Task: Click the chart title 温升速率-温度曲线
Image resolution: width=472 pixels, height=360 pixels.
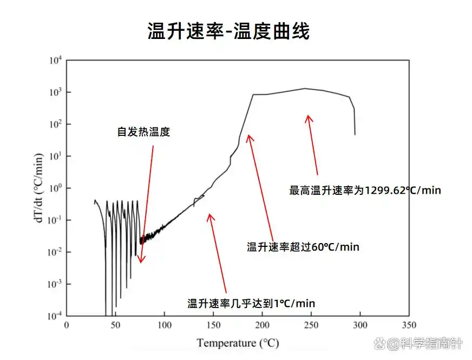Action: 228,31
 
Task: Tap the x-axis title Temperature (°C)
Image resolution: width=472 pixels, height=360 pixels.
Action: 238,343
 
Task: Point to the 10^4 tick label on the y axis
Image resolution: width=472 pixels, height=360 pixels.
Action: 57,60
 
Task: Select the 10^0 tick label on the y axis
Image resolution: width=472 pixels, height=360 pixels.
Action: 57,188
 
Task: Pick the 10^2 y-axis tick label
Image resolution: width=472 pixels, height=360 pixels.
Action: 57,124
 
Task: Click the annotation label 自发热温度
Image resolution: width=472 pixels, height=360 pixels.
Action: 143,132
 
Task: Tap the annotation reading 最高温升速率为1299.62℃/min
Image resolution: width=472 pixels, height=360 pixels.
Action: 365,190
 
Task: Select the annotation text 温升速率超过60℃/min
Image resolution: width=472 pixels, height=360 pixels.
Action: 303,247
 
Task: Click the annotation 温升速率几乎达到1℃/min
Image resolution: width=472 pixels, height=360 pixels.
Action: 251,303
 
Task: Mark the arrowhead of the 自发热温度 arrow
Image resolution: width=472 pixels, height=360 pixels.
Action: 141,262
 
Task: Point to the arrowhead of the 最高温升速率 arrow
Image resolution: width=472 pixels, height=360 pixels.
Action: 308,115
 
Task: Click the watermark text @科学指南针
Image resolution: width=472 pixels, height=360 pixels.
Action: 423,344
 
